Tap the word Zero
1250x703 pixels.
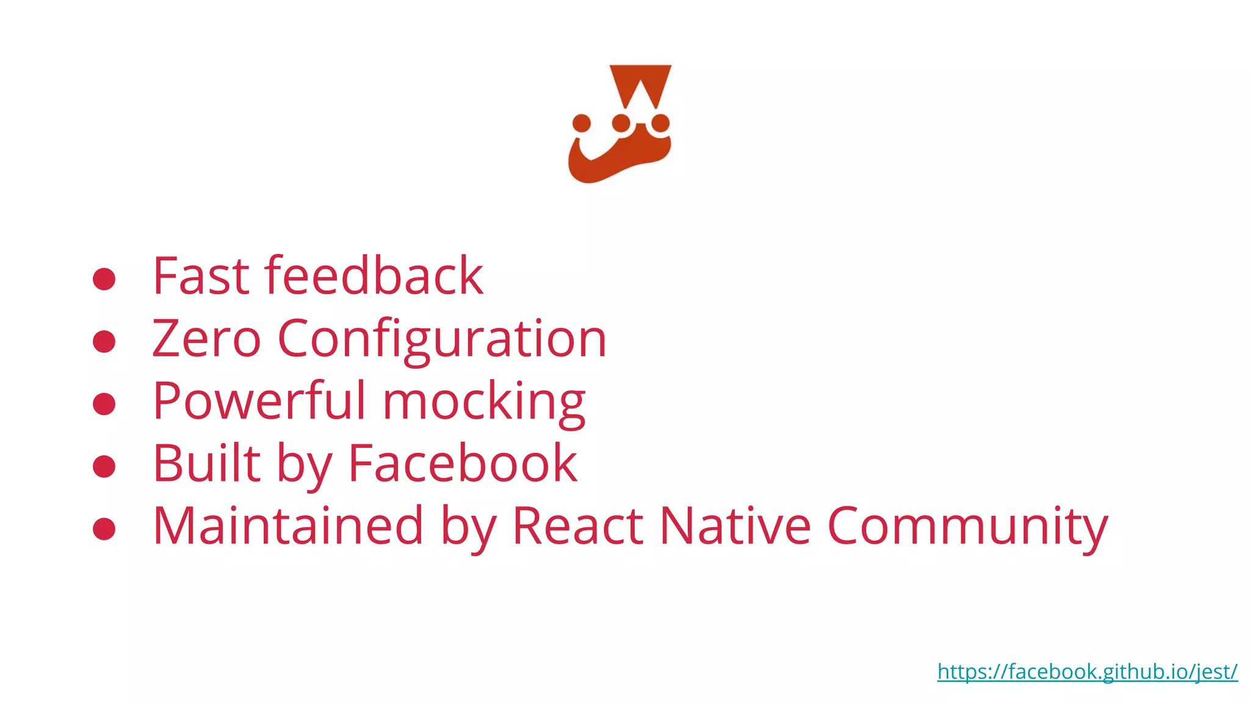point(206,339)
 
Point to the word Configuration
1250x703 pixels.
point(442,340)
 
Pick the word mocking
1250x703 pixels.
point(484,403)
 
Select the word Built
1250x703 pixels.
point(206,463)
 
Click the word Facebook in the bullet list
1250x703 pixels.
point(462,463)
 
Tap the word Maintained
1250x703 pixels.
point(287,525)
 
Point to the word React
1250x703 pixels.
point(577,525)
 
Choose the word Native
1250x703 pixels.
point(735,525)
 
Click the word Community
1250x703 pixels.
point(967,527)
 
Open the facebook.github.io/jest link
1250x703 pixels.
point(1087,672)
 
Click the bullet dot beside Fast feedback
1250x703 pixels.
point(104,279)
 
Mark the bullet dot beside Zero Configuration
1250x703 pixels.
point(104,341)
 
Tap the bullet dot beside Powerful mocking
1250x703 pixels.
point(104,404)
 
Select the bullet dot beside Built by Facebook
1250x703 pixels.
point(104,466)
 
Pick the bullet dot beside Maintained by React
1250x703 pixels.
point(104,528)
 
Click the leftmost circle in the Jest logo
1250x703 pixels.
point(582,123)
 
